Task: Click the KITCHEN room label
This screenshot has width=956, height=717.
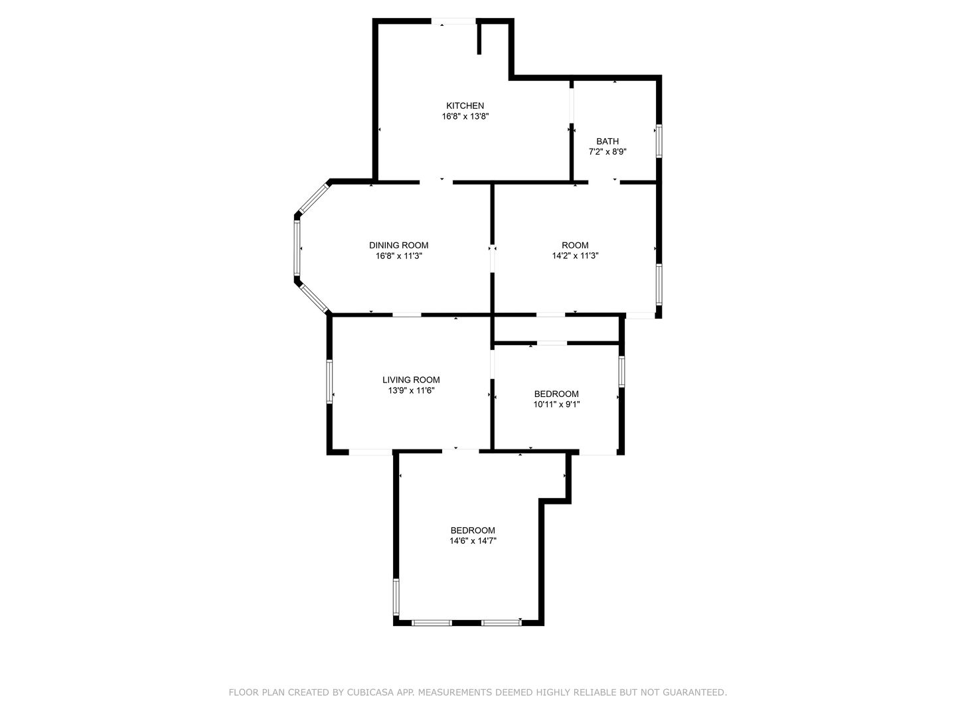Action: [465, 106]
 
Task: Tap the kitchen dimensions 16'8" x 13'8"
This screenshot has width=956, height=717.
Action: [465, 116]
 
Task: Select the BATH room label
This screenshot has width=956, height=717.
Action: [607, 141]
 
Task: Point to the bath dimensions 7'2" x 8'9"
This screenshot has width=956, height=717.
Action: [607, 152]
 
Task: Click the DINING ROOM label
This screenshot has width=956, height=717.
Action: [398, 246]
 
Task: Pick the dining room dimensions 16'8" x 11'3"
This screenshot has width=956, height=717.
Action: [398, 256]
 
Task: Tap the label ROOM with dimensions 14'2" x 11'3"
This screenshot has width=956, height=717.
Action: [575, 246]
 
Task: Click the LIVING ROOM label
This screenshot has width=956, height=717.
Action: [411, 380]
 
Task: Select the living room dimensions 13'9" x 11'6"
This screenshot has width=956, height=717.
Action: [411, 390]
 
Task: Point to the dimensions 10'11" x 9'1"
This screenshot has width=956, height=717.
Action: [556, 404]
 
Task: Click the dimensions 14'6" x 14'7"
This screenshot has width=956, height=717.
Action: [473, 541]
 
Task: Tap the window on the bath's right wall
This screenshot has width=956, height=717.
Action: [659, 141]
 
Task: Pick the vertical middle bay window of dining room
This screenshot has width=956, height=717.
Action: [297, 248]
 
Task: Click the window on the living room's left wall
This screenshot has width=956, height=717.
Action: [330, 381]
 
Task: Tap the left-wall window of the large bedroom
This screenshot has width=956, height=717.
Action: [396, 596]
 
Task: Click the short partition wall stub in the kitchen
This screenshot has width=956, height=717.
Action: [479, 39]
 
